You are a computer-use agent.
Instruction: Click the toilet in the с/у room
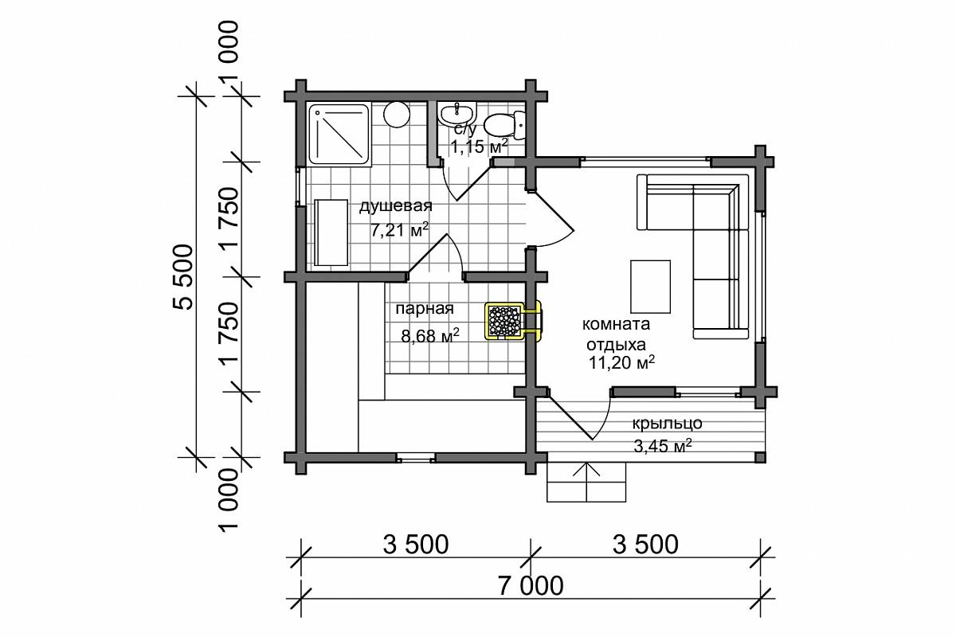click(505, 125)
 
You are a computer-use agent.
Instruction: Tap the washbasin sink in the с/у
click(457, 114)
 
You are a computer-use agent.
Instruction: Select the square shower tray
click(338, 135)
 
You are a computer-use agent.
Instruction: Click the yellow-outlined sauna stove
click(512, 321)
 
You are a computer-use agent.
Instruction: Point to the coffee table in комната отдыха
click(650, 287)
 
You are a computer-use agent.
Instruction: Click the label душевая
click(396, 206)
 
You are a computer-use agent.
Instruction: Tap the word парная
click(425, 308)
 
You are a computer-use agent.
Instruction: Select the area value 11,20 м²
click(622, 362)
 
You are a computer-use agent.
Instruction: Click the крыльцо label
click(667, 424)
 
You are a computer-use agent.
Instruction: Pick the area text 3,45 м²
click(662, 446)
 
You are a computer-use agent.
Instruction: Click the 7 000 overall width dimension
click(530, 586)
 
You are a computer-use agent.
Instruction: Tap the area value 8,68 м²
click(430, 336)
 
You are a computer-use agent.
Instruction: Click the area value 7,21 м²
click(399, 230)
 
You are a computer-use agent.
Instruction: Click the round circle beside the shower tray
click(397, 115)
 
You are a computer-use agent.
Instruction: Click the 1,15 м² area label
click(480, 147)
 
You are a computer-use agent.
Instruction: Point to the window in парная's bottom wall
click(416, 458)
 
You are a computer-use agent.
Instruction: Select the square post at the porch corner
click(760, 458)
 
